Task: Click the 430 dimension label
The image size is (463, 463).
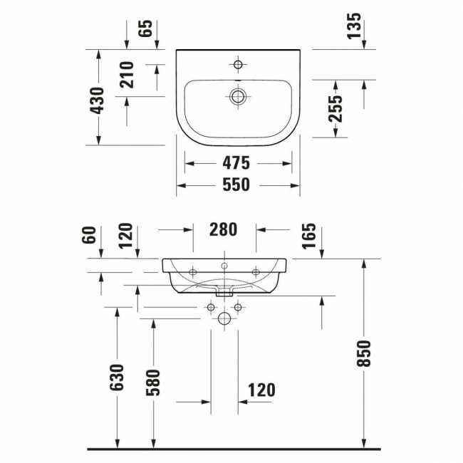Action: pos(98,100)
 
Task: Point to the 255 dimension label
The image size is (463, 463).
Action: pos(336,108)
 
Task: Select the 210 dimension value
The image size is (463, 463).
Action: pos(127,75)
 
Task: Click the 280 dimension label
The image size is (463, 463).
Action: pos(224,229)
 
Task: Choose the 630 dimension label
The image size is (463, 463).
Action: pos(118,378)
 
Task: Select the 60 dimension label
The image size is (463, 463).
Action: pos(88,234)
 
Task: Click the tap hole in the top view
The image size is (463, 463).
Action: pos(238,65)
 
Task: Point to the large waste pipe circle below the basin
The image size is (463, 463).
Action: pos(224,319)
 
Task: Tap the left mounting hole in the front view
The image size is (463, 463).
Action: pos(193,271)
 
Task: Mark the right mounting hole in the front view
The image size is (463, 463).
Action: pos(256,271)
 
